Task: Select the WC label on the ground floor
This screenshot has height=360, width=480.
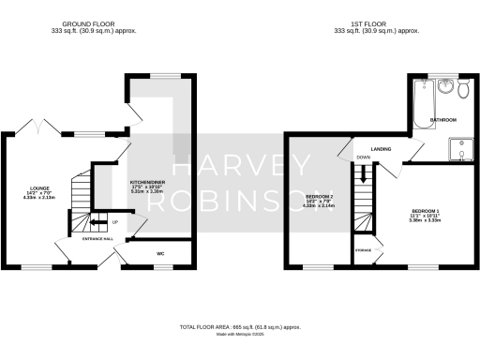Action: click(160, 253)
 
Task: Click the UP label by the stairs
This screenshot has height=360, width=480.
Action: click(114, 222)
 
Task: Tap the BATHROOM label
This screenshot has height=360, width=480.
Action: click(442, 121)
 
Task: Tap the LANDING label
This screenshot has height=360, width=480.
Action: click(381, 148)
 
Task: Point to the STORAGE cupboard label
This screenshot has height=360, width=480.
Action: click(363, 250)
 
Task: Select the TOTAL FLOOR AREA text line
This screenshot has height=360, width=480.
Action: click(240, 327)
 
